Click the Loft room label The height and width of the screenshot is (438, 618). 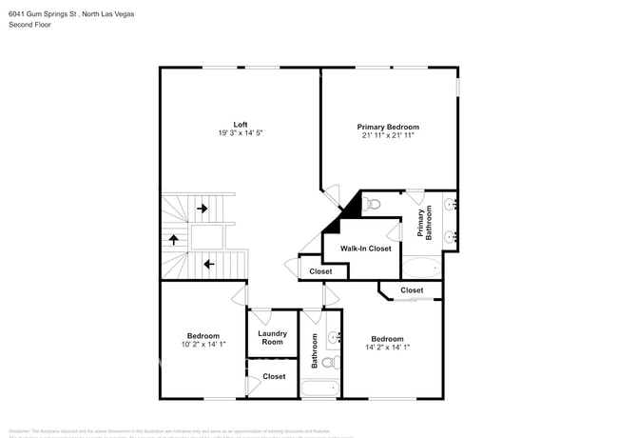(x=241, y=124)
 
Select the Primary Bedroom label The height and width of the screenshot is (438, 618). (x=388, y=127)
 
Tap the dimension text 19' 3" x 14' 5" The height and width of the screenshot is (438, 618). (x=241, y=133)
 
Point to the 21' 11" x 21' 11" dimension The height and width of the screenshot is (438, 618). (x=388, y=135)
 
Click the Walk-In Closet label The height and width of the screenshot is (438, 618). (x=366, y=249)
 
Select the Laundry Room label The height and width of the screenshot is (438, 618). (x=273, y=338)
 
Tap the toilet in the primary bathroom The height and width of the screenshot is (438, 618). (x=373, y=203)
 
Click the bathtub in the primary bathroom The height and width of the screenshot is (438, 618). (x=421, y=268)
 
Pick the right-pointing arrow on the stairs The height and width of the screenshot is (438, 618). (x=202, y=209)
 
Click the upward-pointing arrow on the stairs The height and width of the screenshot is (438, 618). (x=174, y=239)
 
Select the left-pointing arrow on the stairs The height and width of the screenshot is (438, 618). (x=208, y=264)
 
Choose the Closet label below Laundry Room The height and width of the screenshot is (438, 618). (x=274, y=377)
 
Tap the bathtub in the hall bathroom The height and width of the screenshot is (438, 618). (x=320, y=388)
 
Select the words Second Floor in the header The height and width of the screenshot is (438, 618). (x=29, y=25)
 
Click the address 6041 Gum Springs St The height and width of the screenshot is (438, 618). (x=48, y=11)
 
